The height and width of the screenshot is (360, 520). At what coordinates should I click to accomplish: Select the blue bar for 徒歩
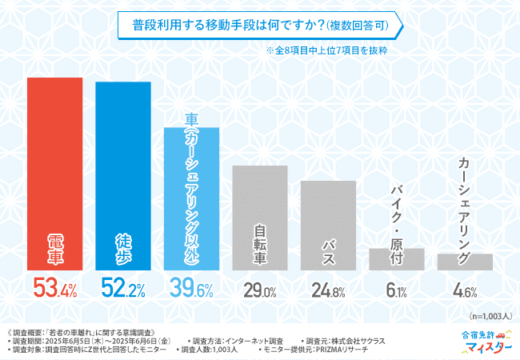pos(123,176)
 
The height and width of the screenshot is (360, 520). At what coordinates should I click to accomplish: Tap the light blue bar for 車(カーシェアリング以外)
pos(191,200)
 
